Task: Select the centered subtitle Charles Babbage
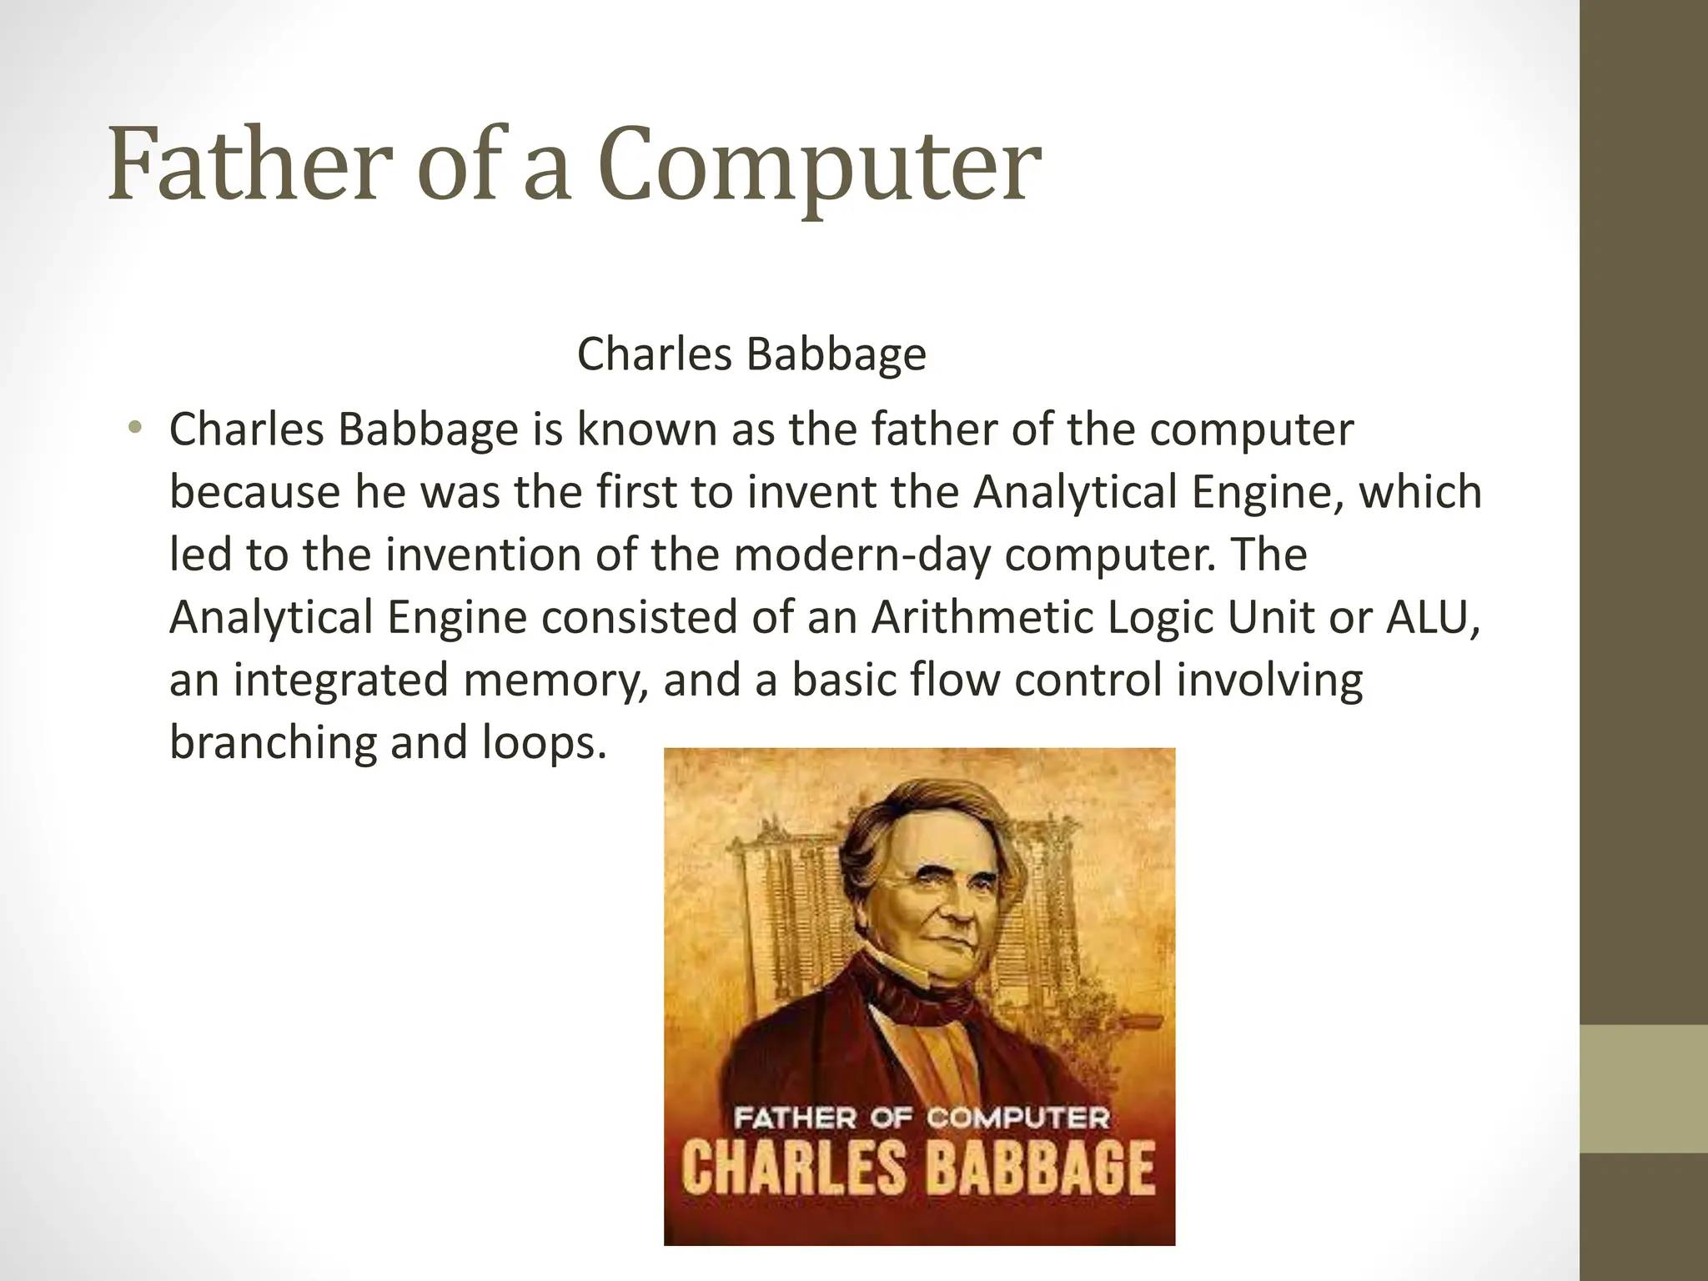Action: [751, 354]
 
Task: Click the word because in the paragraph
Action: [255, 492]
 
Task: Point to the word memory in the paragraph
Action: [554, 680]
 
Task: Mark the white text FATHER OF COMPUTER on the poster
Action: [920, 1118]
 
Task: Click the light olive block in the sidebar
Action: [1644, 1089]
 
